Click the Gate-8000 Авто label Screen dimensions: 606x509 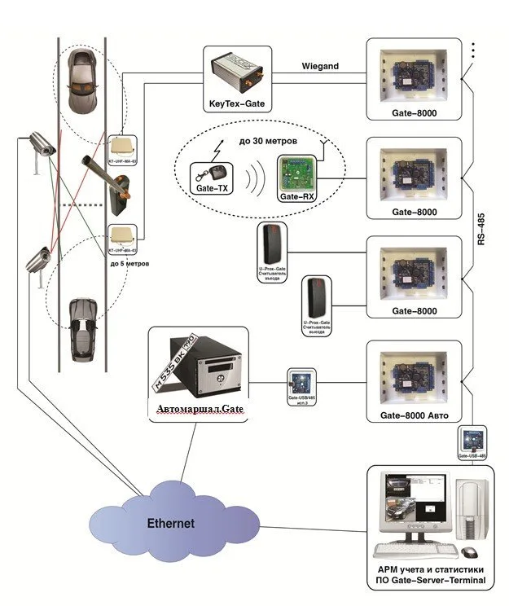[x=414, y=415]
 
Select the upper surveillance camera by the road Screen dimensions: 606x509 [x=41, y=144]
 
